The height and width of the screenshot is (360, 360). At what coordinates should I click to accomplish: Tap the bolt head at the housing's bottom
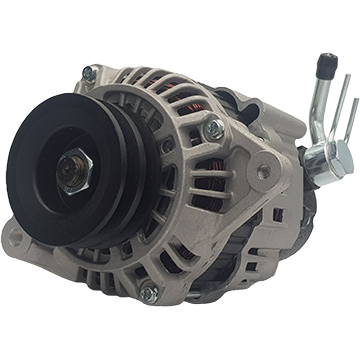click(x=150, y=292)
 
